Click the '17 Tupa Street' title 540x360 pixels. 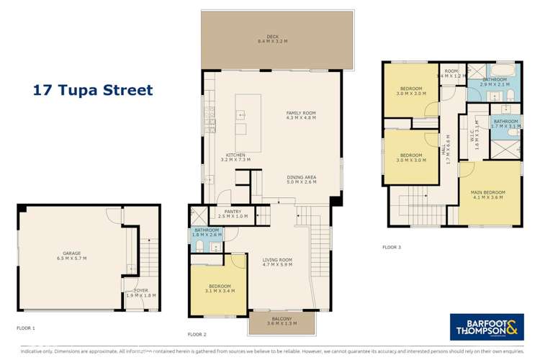click(94, 91)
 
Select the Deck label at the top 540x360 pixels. click(276, 39)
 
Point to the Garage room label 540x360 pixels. click(71, 255)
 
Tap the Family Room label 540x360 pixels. click(301, 116)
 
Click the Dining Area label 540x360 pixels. click(301, 180)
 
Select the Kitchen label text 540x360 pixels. click(236, 157)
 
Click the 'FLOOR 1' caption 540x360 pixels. click(26, 328)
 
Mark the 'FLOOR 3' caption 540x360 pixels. click(392, 247)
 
